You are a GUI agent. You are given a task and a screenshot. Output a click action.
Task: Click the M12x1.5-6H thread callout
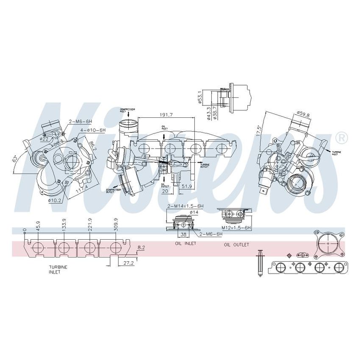(237, 228)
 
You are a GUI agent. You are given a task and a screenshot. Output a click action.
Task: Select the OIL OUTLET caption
(236, 245)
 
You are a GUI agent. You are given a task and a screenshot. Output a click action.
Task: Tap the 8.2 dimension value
(141, 247)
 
